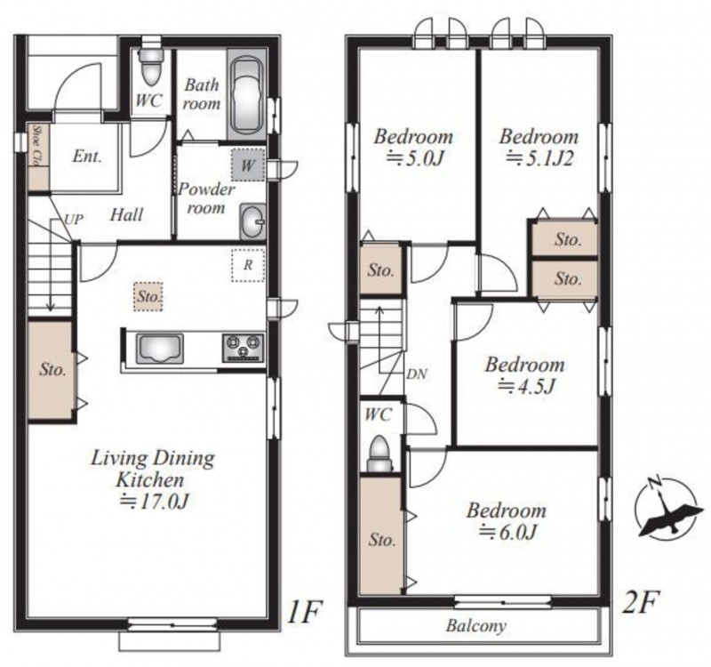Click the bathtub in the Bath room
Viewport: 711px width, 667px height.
246,95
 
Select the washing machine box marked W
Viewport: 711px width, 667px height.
248,165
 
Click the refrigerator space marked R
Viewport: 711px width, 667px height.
248,265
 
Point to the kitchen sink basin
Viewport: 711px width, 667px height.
160,349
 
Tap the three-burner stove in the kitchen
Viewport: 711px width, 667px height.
243,348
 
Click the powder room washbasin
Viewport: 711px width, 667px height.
252,221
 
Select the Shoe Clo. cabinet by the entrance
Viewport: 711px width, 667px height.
38,157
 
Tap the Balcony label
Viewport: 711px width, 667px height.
476,626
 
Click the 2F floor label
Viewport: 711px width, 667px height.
640,602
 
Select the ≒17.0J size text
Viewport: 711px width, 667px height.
154,501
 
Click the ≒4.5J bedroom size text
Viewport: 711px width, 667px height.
526,386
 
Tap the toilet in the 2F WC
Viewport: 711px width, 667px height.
380,454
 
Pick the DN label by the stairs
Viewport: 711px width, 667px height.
416,374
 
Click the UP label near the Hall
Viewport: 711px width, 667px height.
74,220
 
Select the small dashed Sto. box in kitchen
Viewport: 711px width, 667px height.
148,297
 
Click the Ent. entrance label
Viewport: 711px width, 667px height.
87,157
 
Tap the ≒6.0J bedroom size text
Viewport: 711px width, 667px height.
507,531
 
